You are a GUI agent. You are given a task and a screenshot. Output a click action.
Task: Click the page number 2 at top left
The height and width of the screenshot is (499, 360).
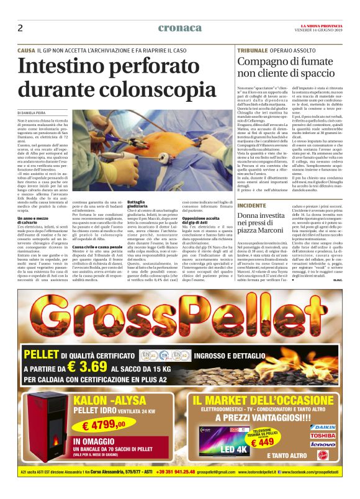[20, 28]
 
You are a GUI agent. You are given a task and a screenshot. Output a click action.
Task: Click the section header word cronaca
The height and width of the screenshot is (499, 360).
[179, 27]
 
